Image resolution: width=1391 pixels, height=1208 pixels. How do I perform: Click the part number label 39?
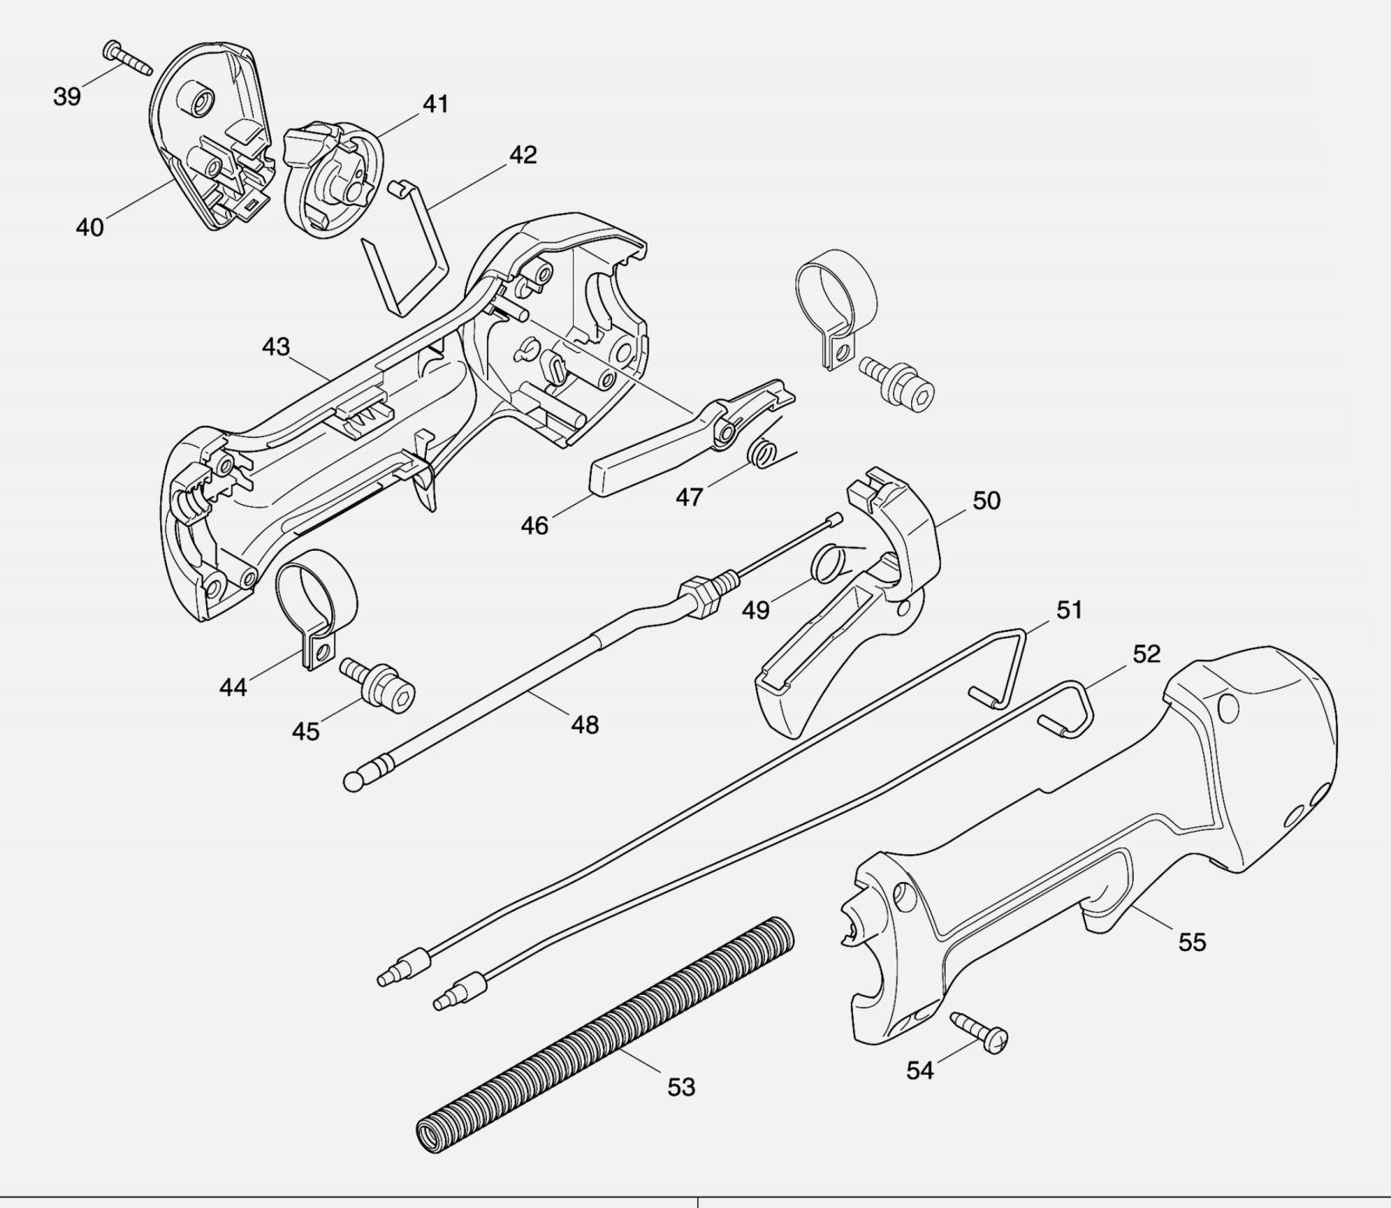pyautogui.click(x=67, y=96)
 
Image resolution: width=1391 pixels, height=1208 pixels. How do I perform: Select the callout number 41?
pyautogui.click(x=436, y=104)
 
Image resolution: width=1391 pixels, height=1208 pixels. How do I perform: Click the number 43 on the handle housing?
pyautogui.click(x=276, y=348)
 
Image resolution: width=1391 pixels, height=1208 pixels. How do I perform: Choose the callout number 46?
pyautogui.click(x=535, y=526)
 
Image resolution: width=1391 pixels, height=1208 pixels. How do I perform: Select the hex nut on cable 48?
pyautogui.click(x=703, y=597)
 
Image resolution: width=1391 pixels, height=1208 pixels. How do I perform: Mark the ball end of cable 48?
pyautogui.click(x=354, y=781)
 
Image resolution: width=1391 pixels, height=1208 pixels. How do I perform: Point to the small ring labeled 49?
pyautogui.click(x=828, y=564)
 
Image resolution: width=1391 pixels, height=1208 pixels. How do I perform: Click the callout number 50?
pyautogui.click(x=986, y=501)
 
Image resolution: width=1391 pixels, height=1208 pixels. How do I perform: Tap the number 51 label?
pyautogui.click(x=1069, y=610)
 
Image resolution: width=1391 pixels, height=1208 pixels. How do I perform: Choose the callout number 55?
pyautogui.click(x=1192, y=942)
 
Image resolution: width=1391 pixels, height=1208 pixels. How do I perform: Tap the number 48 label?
pyautogui.click(x=585, y=725)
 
